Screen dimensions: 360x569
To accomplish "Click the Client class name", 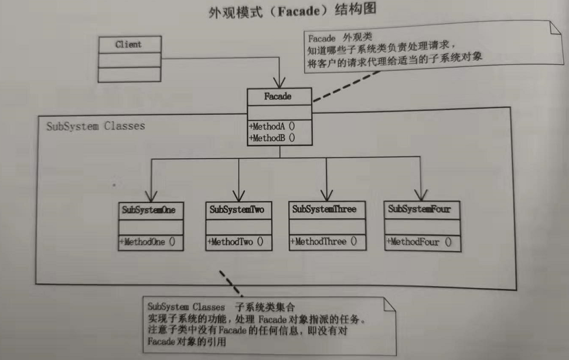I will click(x=128, y=44).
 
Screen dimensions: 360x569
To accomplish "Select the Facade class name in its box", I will click(x=278, y=97).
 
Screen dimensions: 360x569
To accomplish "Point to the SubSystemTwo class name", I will click(x=237, y=209).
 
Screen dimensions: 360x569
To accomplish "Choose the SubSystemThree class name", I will click(x=324, y=209).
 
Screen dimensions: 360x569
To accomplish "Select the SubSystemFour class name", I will click(x=419, y=209).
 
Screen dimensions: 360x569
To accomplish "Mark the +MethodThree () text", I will click(x=323, y=242).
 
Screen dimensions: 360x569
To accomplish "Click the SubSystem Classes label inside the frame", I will click(x=95, y=127).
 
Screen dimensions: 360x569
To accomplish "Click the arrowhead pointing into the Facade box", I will click(x=279, y=83).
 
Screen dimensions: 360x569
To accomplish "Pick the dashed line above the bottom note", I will click(x=230, y=283).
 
